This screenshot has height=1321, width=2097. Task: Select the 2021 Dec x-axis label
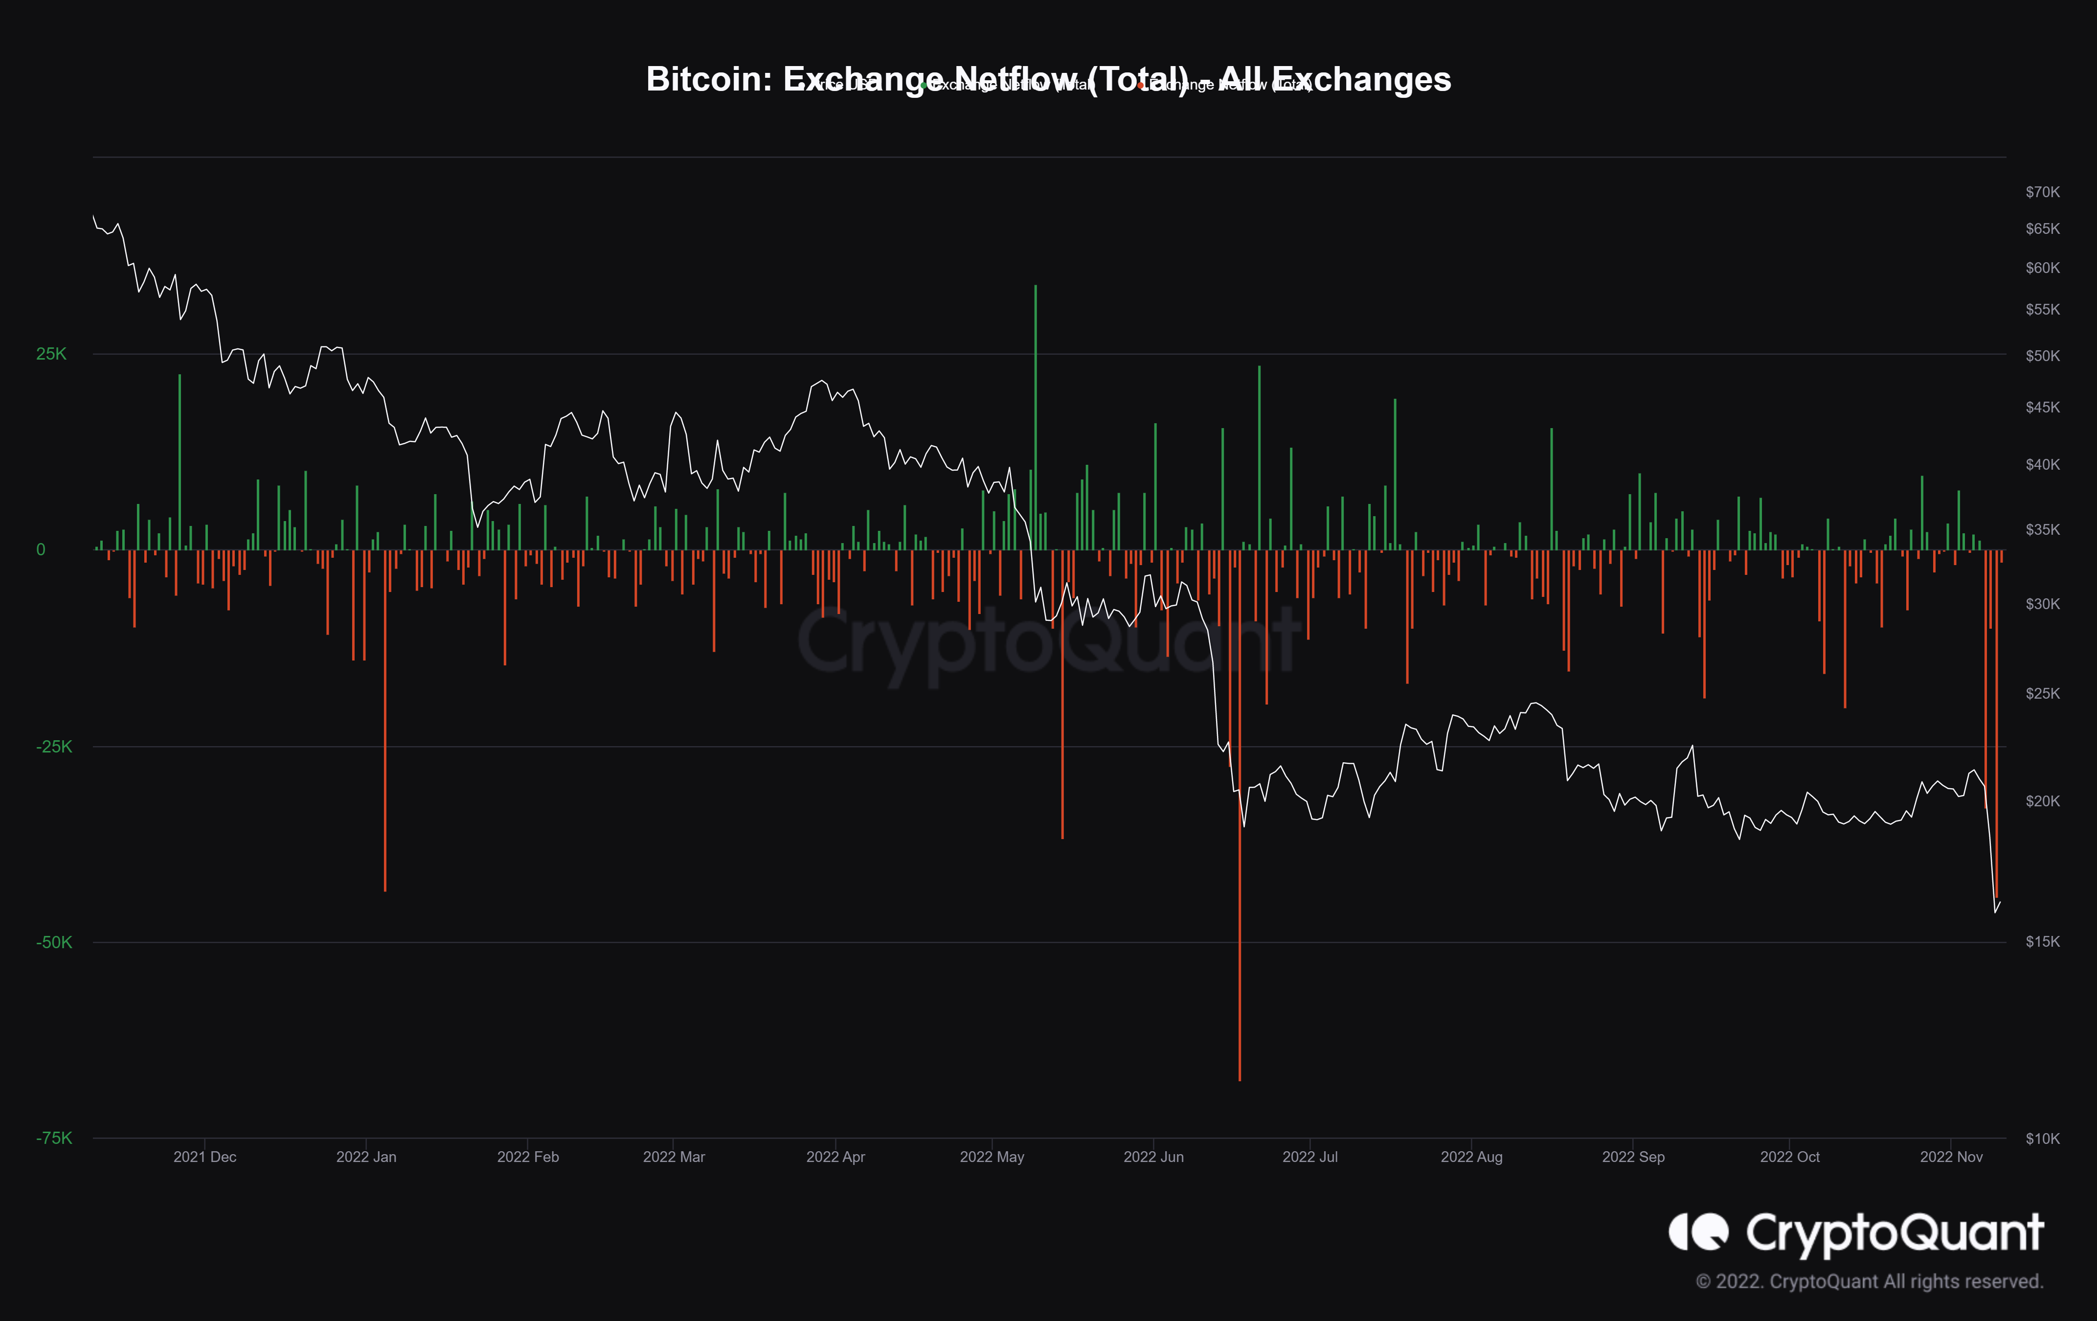(204, 1157)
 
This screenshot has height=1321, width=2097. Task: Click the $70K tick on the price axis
(2042, 192)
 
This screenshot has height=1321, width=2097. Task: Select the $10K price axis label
(2042, 1138)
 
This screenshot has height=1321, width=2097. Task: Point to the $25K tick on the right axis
(2042, 693)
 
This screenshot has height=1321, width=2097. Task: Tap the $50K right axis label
(2042, 355)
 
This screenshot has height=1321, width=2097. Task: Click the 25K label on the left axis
(51, 354)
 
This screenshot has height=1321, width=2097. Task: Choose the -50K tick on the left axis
(54, 942)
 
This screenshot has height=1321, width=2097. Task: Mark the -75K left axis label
(54, 1138)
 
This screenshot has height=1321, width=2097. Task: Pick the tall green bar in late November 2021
(180, 461)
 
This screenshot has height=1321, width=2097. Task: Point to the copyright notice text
(1869, 1281)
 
